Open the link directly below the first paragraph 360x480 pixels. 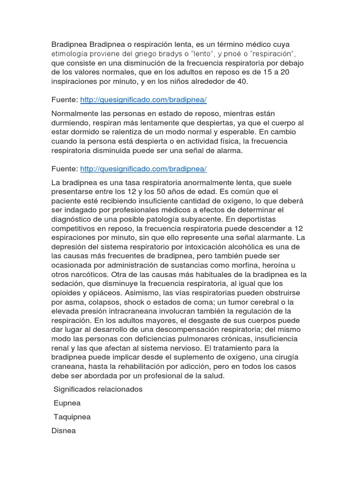(143, 100)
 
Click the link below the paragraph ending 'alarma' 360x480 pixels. (143, 169)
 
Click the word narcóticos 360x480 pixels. (90, 275)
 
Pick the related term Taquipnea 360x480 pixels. (72, 417)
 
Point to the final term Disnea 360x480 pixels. (63, 431)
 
